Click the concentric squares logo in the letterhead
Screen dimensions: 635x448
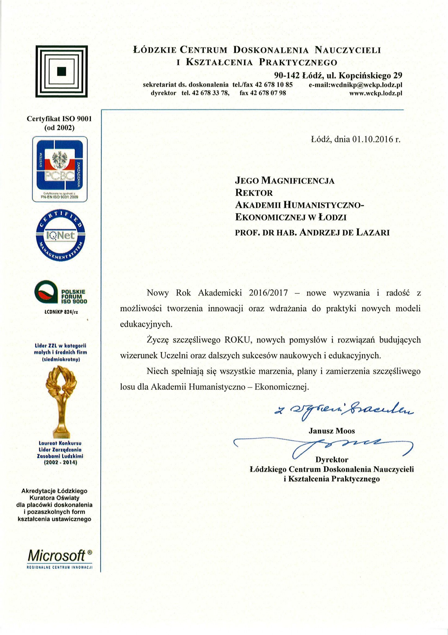point(61,71)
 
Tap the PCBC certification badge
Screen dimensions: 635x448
point(60,169)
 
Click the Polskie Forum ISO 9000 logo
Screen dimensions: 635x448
point(60,292)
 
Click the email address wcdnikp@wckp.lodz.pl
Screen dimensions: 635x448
point(355,85)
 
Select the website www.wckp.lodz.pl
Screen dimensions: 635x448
point(376,93)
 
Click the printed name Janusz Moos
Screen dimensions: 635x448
point(332,431)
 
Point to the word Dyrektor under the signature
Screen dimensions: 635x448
point(332,459)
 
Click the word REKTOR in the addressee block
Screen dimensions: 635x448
point(254,193)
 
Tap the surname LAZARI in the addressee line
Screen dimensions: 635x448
point(373,232)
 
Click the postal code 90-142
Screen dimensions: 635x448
point(287,75)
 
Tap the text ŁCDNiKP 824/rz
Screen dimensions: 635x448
point(61,312)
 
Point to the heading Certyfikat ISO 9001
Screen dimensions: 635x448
point(59,119)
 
